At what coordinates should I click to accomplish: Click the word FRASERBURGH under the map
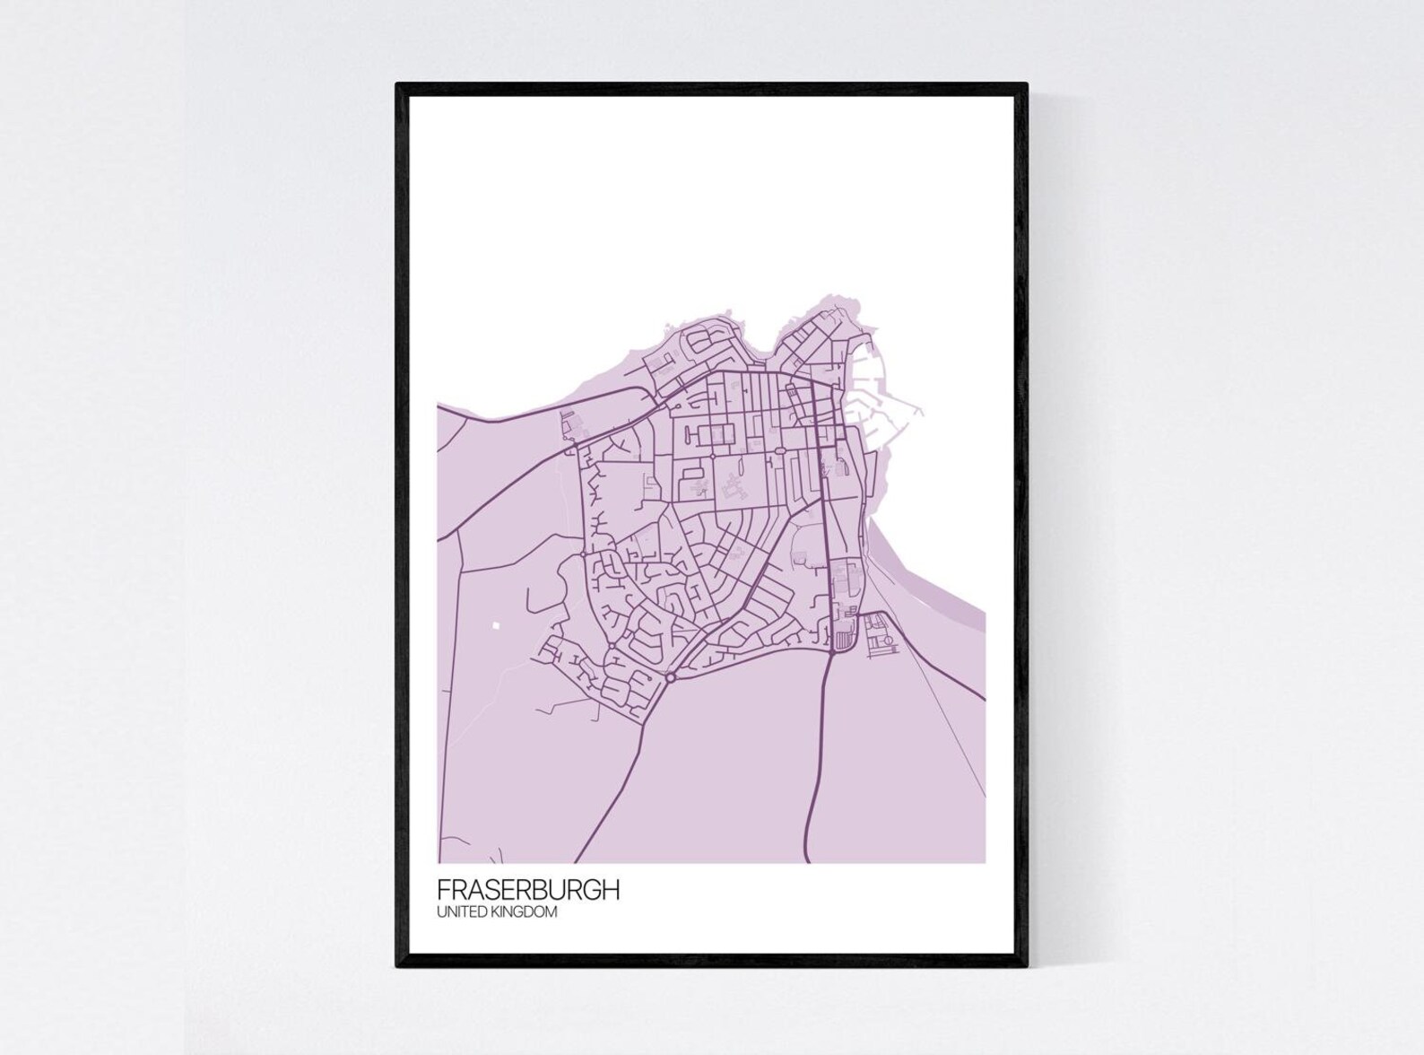tap(527, 890)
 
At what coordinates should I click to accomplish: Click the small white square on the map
tap(494, 625)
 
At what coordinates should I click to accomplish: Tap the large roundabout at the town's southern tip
tap(671, 677)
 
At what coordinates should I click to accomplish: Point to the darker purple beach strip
tap(933, 583)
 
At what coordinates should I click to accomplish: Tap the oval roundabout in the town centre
tap(780, 450)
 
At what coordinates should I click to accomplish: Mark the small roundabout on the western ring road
tap(584, 554)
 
